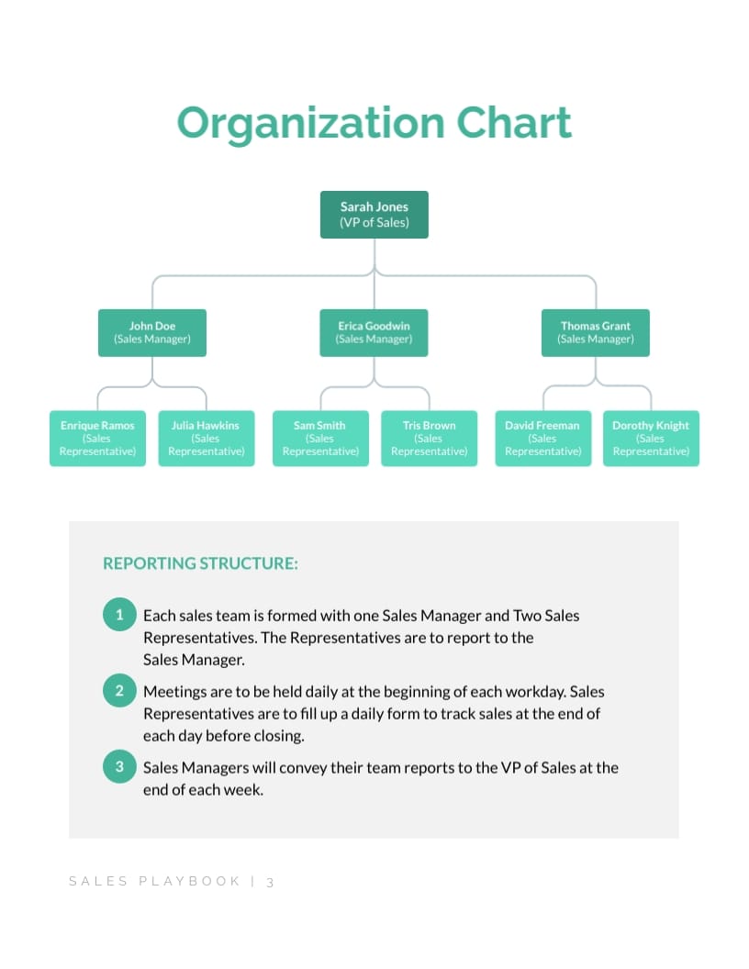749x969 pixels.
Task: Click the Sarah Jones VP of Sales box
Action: [x=374, y=215]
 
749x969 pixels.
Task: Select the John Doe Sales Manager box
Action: [x=152, y=332]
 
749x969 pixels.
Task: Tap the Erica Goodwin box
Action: [x=374, y=332]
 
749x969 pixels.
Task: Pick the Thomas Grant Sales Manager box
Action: [x=596, y=332]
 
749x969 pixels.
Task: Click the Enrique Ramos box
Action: [x=97, y=439]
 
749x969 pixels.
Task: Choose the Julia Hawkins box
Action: [x=206, y=439]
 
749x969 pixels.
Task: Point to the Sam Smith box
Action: [x=320, y=439]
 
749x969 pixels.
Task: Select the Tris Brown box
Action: [x=429, y=439]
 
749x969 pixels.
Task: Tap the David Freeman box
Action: [x=542, y=439]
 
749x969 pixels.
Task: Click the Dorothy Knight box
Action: [x=651, y=439]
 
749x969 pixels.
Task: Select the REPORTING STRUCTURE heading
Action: [x=200, y=563]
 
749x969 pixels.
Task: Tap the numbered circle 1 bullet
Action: [x=119, y=614]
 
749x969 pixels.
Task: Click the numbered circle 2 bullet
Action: [x=119, y=690]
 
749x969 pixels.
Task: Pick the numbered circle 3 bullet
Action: [x=119, y=766]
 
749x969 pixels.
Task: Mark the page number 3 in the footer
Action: [x=271, y=882]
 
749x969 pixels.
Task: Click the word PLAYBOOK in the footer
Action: [x=189, y=882]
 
